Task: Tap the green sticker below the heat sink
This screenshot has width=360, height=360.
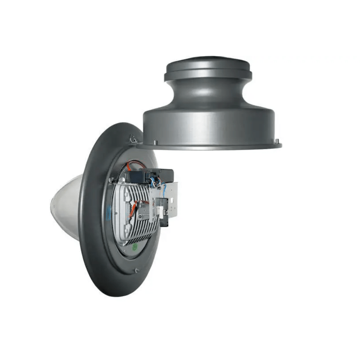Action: [x=135, y=247]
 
